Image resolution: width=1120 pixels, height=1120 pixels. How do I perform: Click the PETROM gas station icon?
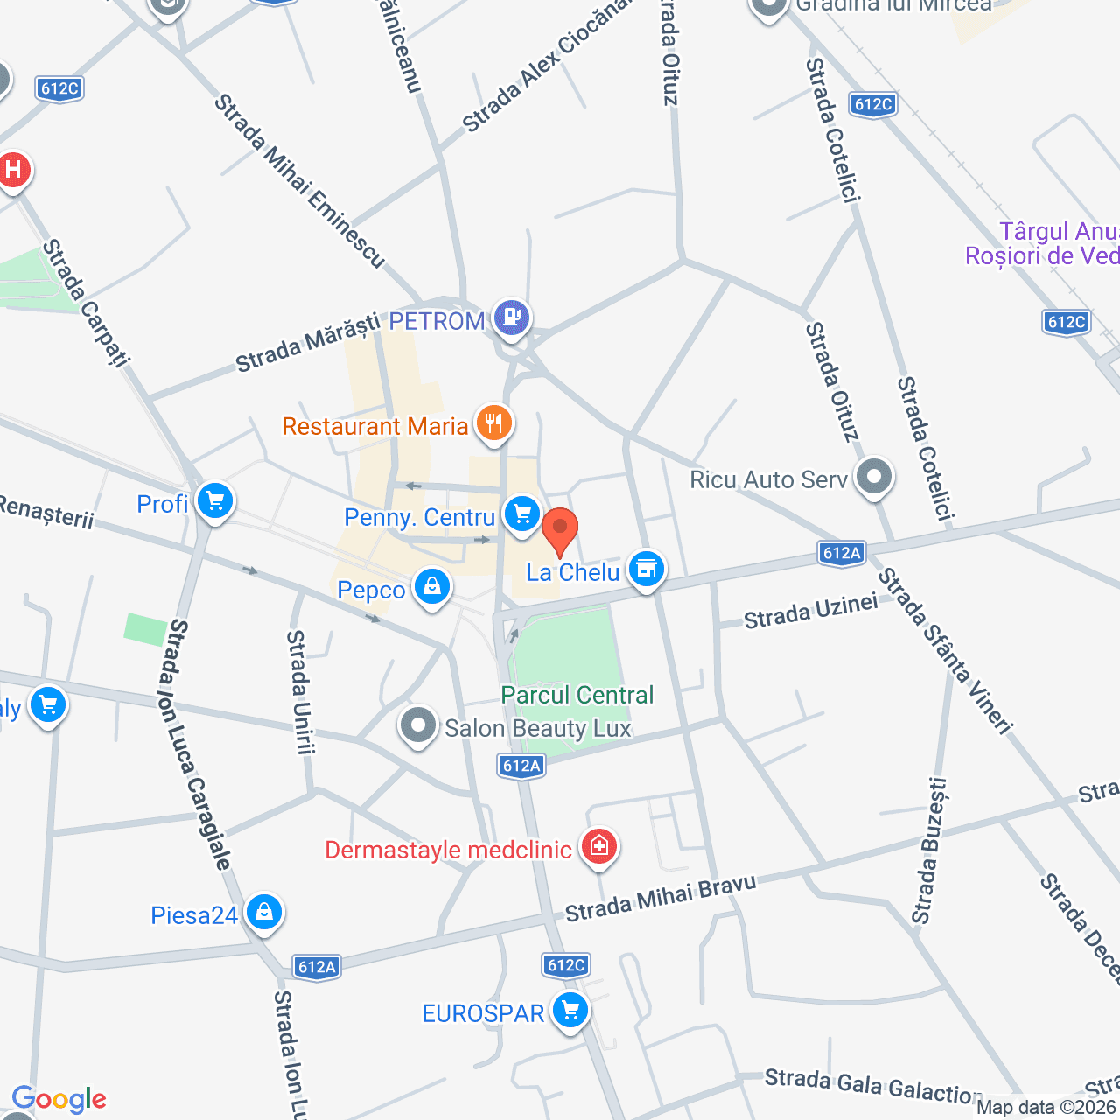pos(512,317)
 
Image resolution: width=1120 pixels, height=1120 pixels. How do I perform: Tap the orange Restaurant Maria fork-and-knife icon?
pos(493,424)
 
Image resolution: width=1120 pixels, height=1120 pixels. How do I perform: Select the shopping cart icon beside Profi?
pos(214,502)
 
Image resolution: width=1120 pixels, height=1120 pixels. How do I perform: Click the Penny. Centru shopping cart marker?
pos(522,514)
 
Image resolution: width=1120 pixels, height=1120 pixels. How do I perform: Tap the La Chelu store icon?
pos(647,569)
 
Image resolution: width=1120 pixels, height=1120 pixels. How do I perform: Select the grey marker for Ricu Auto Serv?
pos(874,477)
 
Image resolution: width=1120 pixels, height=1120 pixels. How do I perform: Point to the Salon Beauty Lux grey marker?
pos(418,725)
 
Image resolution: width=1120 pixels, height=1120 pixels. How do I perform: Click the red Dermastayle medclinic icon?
pos(599,846)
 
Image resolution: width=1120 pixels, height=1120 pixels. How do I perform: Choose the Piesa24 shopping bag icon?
pos(263,913)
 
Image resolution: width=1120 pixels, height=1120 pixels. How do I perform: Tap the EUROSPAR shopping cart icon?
pos(570,1011)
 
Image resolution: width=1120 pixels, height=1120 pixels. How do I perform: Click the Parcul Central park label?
pos(577,695)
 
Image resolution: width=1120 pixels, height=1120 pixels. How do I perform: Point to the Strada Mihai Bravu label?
pos(660,899)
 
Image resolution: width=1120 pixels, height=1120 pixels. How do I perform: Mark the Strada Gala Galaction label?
pos(873,1086)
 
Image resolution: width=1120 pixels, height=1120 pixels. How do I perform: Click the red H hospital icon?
pos(13,169)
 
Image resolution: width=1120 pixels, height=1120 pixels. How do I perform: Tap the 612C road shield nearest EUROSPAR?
pos(566,965)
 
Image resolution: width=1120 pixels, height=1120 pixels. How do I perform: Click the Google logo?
pos(59,1099)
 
